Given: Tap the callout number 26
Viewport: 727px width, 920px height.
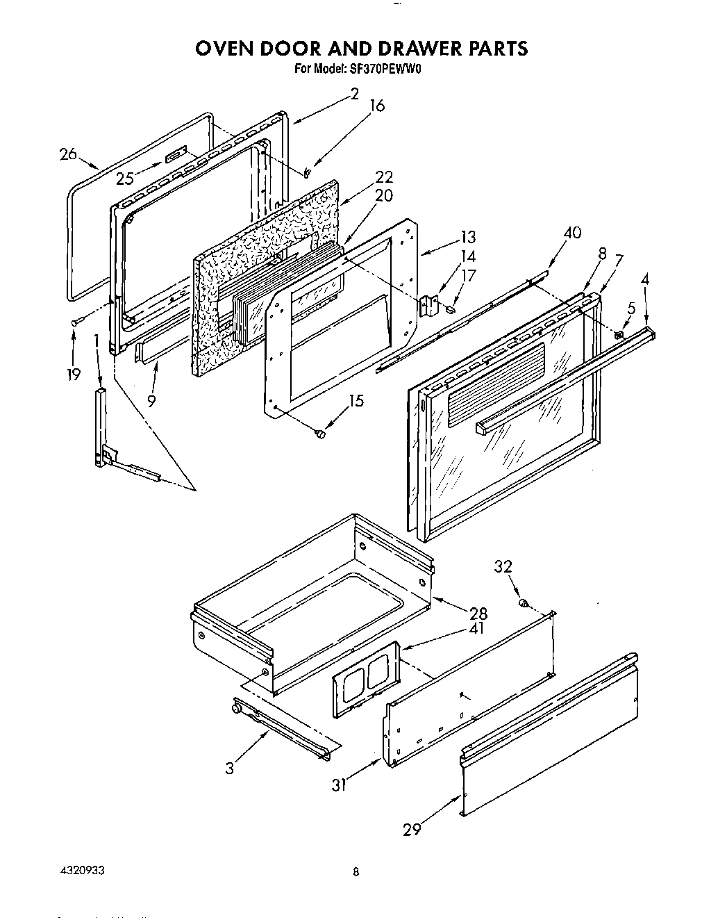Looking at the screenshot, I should click(x=68, y=154).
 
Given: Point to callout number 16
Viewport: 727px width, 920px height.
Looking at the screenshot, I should click(x=376, y=106).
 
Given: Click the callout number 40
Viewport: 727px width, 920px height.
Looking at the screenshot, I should click(x=572, y=233).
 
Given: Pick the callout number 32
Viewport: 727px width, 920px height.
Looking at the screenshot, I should click(x=503, y=566).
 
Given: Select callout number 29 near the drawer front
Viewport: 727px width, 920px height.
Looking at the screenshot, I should click(x=412, y=829).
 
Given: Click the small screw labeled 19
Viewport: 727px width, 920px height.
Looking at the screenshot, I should click(x=76, y=320).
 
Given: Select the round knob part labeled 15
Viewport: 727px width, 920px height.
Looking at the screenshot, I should click(x=319, y=434).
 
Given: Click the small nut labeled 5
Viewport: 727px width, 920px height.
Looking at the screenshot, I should click(x=618, y=336).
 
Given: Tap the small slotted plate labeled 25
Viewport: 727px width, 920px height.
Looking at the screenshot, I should click(x=176, y=154).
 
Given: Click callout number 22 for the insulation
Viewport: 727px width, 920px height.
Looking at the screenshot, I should click(x=383, y=177).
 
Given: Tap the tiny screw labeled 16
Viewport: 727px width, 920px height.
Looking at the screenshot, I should click(x=307, y=172).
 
